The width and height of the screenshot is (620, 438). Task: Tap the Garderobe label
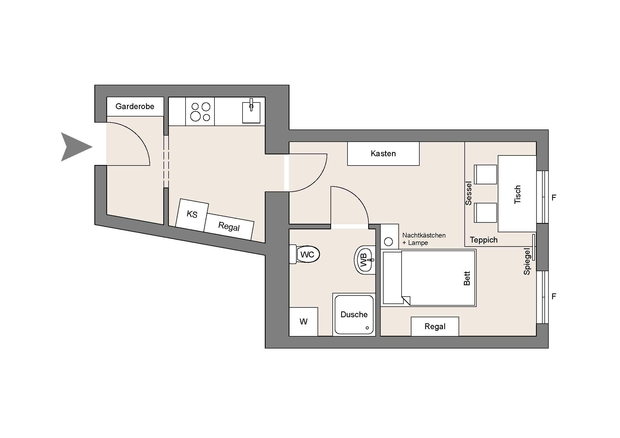(x=135, y=106)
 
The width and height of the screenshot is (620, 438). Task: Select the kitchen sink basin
(x=251, y=113)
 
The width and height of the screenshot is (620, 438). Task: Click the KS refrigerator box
(x=192, y=215)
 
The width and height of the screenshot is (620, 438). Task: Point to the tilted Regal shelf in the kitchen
(x=229, y=227)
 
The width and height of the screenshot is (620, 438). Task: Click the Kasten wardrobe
(x=383, y=154)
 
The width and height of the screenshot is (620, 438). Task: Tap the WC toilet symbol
(x=304, y=254)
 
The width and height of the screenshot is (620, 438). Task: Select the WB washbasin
(x=364, y=260)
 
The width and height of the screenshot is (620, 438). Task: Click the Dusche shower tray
(x=354, y=315)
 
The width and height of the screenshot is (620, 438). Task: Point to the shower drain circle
(x=367, y=328)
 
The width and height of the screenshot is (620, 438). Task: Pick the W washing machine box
(x=304, y=321)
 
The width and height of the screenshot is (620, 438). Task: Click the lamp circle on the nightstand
(x=388, y=242)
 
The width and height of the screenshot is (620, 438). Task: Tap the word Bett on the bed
(x=467, y=278)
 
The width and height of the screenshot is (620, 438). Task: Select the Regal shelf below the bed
(x=435, y=326)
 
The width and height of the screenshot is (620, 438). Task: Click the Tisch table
(x=517, y=194)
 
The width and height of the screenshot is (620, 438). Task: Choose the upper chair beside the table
(x=486, y=175)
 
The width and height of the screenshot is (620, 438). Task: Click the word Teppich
(x=484, y=240)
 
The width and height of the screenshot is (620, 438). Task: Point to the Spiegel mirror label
(x=527, y=261)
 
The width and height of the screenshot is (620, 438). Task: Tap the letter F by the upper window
(x=554, y=198)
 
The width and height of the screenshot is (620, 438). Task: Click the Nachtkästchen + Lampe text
(x=424, y=239)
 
